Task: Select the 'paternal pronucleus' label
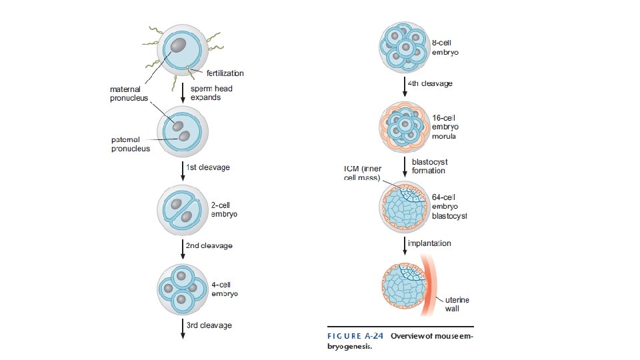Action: pyautogui.click(x=131, y=144)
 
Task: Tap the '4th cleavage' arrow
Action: pyautogui.click(x=406, y=87)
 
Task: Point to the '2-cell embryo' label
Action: pyautogui.click(x=225, y=209)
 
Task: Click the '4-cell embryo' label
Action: pyautogui.click(x=225, y=289)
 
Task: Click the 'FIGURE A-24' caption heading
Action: pyautogui.click(x=354, y=336)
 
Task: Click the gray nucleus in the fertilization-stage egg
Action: pyautogui.click(x=179, y=45)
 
